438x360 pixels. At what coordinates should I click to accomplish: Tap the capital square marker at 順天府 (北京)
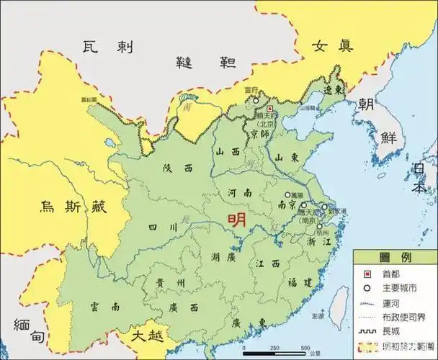tap(270, 108)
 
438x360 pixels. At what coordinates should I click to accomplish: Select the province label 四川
tap(163, 228)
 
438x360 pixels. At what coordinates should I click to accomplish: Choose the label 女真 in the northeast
tap(332, 45)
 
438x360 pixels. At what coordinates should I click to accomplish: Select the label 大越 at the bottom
tap(146, 336)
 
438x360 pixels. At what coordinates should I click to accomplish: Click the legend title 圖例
tap(394, 258)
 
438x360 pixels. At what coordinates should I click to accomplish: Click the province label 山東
tap(288, 157)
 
